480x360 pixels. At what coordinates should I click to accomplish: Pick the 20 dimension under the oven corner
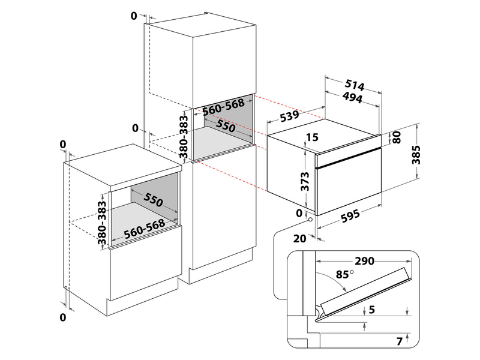300,238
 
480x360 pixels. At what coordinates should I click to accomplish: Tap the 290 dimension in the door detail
364,261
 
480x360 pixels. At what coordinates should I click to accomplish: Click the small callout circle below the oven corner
310,220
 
